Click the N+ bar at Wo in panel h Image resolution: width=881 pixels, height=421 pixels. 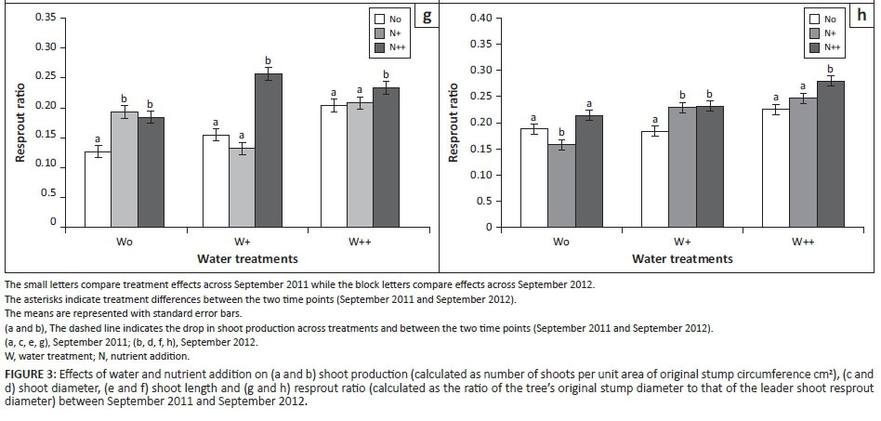pyautogui.click(x=560, y=185)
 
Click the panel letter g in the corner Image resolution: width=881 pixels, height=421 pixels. pyautogui.click(x=426, y=16)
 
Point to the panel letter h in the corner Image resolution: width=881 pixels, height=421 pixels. pyautogui.click(x=861, y=16)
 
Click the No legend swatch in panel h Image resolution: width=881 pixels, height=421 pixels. pyautogui.click(x=813, y=18)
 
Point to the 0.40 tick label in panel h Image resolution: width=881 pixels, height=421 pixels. pyautogui.click(x=480, y=19)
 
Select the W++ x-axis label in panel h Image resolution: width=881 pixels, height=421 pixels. pyautogui.click(x=802, y=241)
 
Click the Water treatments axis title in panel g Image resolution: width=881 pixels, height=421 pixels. pyautogui.click(x=247, y=258)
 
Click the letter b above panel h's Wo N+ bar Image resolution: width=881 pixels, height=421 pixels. pyautogui.click(x=560, y=131)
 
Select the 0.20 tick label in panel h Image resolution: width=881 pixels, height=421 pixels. pyautogui.click(x=480, y=123)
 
